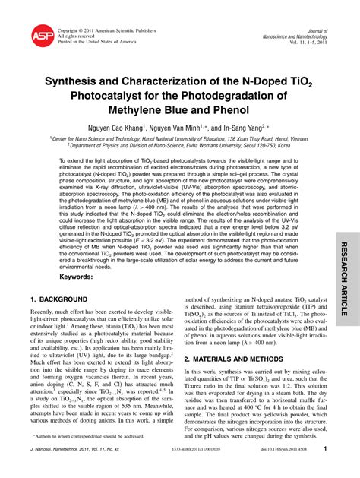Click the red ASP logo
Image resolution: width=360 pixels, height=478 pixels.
pyautogui.click(x=43, y=35)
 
